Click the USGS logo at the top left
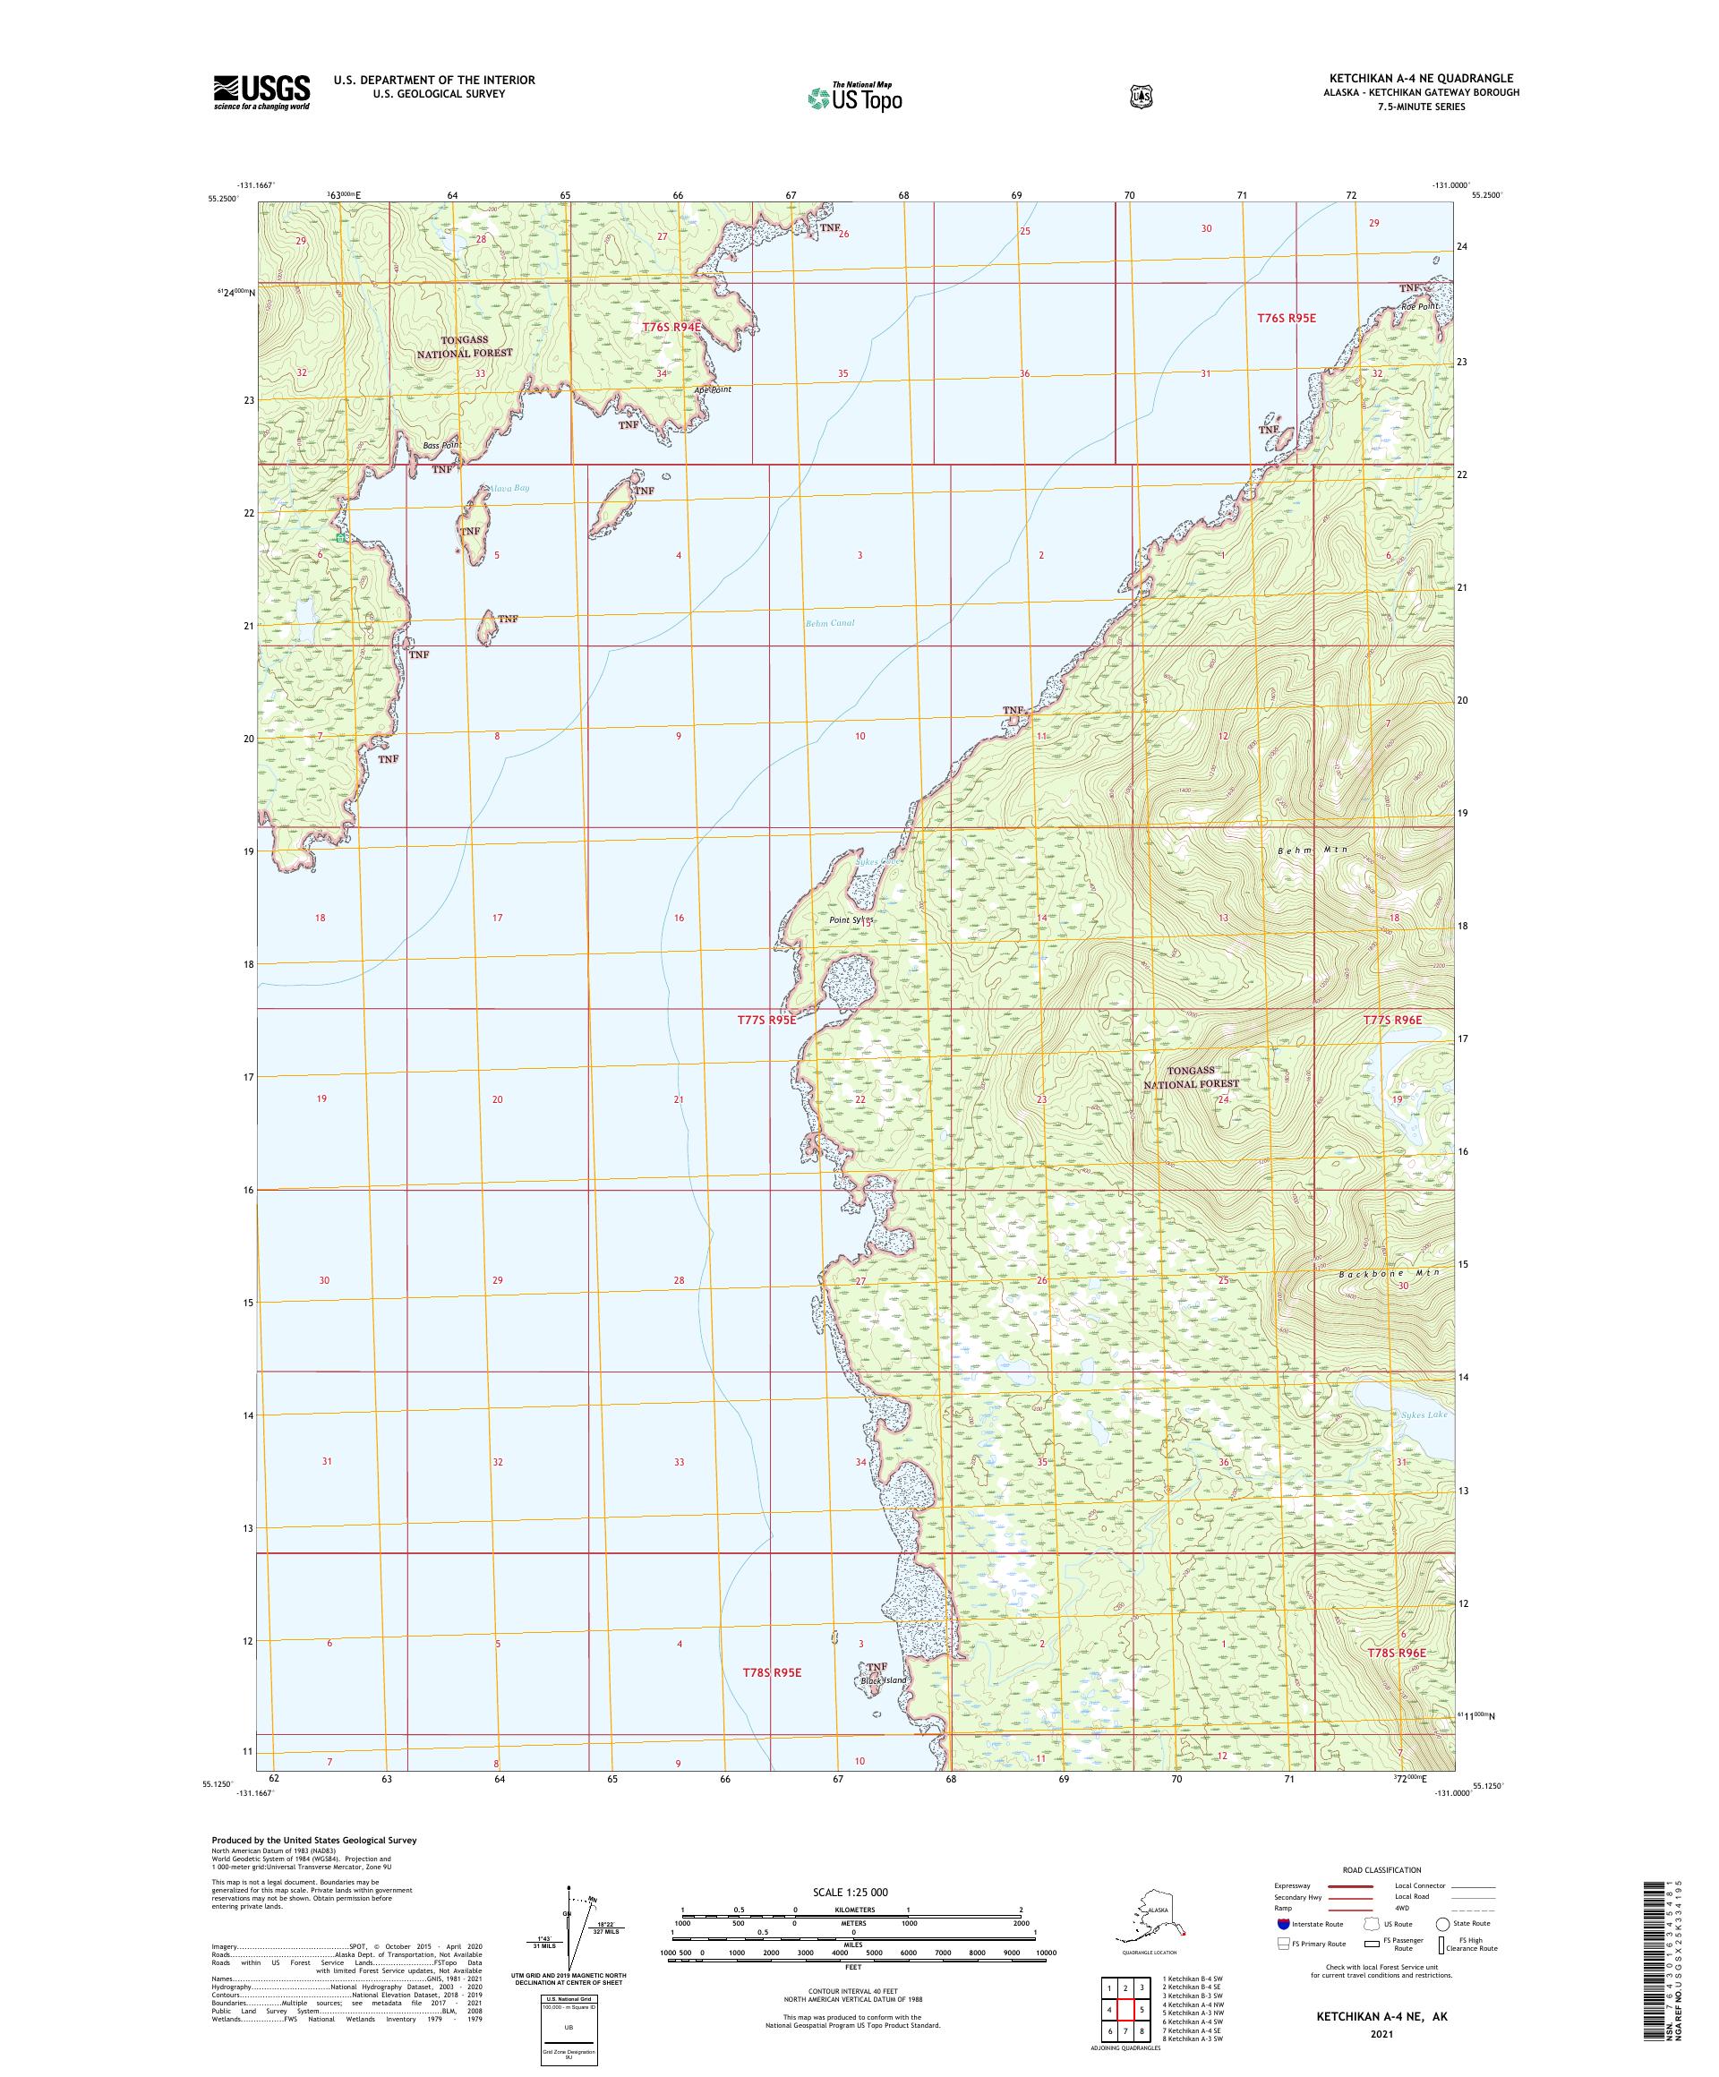(261, 92)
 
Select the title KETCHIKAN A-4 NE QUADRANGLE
(1410, 78)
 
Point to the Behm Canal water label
(829, 623)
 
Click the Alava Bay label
(508, 488)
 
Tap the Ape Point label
(712, 389)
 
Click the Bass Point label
(441, 445)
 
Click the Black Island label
(884, 1680)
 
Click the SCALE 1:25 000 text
(850, 1891)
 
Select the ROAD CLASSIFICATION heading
(1381, 1869)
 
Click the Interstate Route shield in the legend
(1284, 1952)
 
